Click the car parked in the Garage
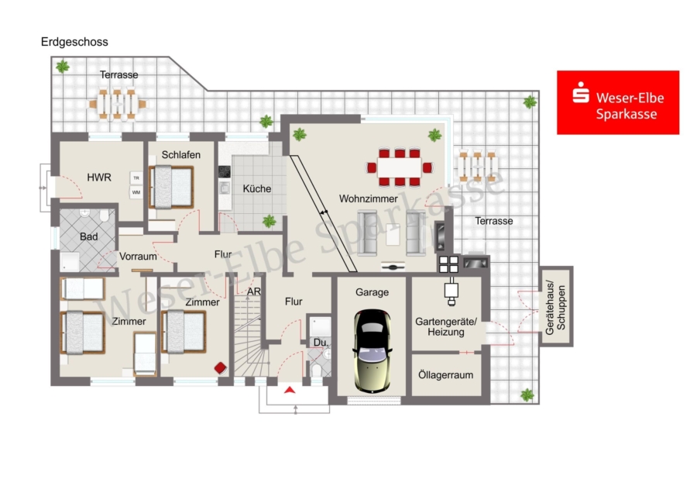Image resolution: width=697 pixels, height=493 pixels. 373,350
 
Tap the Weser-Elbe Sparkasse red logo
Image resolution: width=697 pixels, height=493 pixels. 618,102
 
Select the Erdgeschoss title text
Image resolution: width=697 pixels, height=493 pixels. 74,42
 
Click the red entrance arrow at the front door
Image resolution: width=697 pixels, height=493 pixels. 290,390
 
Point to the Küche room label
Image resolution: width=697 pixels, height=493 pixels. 257,188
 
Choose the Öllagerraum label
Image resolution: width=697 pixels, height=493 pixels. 445,375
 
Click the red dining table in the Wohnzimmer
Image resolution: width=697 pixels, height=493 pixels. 399,167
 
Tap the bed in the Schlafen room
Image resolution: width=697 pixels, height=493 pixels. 171,187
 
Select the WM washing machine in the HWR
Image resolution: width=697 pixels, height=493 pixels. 136,192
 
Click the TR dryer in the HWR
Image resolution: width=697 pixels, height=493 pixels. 136,178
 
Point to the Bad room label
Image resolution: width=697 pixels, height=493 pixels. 88,236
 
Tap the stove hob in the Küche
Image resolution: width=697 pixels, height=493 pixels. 224,172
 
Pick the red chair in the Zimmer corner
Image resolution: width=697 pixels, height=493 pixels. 221,368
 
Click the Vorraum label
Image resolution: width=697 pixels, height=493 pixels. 138,257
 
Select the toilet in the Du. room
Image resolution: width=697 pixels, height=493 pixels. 317,371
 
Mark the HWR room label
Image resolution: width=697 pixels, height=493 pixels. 98,178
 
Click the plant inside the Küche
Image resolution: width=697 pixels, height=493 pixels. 269,221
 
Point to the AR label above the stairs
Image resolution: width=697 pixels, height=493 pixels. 254,292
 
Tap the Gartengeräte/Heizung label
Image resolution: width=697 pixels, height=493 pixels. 446,326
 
